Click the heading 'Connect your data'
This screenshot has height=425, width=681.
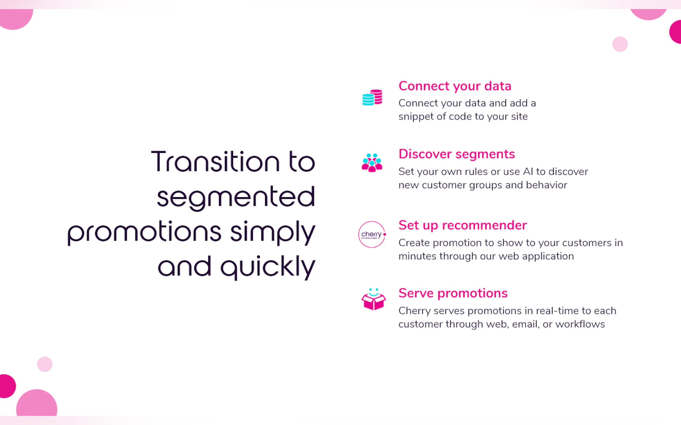[x=455, y=86]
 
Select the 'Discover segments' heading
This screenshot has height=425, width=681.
[x=457, y=154]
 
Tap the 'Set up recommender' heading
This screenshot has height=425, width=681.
[x=462, y=225]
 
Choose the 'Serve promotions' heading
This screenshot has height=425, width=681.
[x=453, y=293]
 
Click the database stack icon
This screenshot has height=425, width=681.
[x=372, y=97]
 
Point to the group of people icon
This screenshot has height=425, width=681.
[x=372, y=162]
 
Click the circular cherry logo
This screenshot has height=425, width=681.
[x=372, y=234]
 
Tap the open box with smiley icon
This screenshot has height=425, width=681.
[x=373, y=299]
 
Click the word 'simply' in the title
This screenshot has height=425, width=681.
[x=273, y=233]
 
